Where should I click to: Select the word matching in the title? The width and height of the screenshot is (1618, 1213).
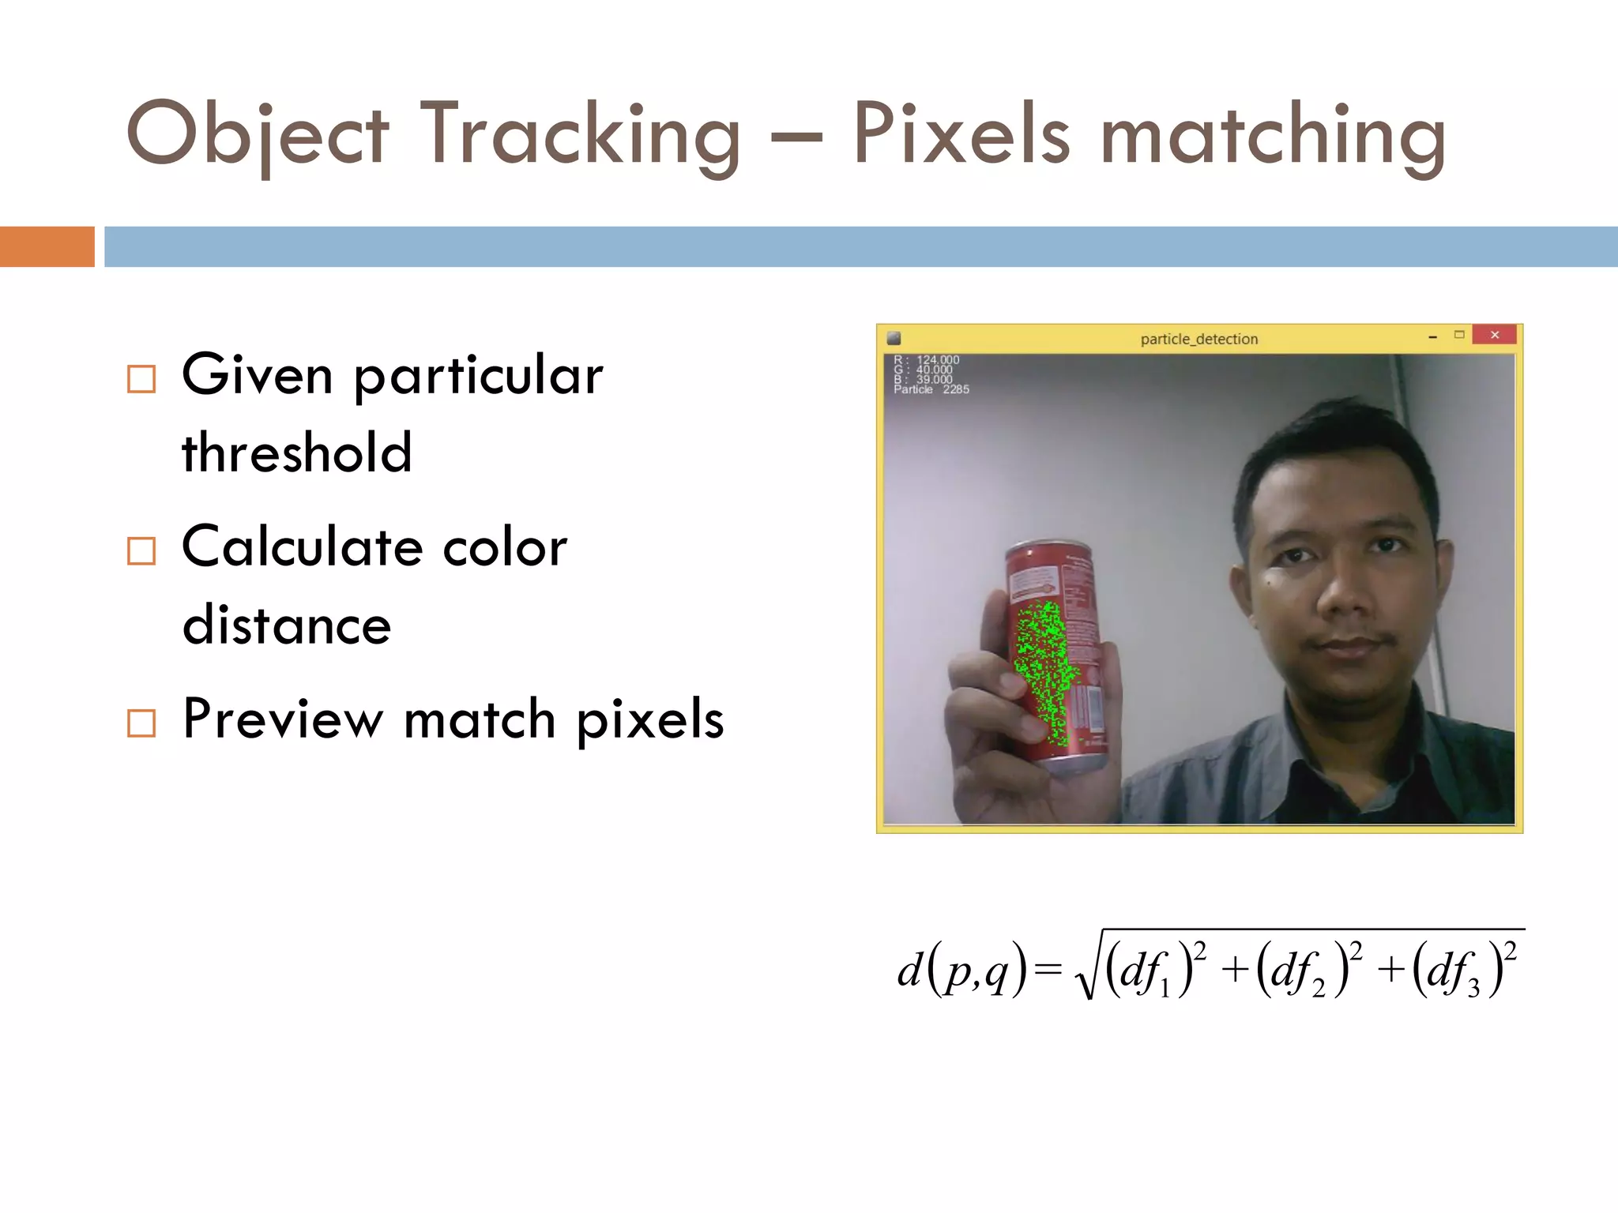click(x=1273, y=136)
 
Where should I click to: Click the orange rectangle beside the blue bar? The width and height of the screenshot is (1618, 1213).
click(x=47, y=246)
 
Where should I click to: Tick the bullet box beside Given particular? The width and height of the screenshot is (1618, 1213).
click(x=141, y=379)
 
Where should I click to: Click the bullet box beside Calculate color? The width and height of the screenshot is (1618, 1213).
click(x=141, y=551)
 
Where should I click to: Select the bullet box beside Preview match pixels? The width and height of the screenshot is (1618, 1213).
click(x=141, y=723)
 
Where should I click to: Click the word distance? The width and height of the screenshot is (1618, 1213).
click(x=287, y=625)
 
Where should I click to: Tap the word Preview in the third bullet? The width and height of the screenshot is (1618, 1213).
click(x=282, y=719)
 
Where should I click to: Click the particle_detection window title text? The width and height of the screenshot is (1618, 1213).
click(x=1198, y=339)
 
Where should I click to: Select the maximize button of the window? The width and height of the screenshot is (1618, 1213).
click(x=1459, y=335)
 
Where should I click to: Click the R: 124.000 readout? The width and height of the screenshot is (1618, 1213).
click(x=926, y=360)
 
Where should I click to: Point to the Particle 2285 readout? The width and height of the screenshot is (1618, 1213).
click(x=931, y=389)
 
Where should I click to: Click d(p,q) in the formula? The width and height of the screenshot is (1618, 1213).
click(x=961, y=970)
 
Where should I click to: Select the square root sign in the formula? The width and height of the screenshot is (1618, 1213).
click(x=1089, y=971)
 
